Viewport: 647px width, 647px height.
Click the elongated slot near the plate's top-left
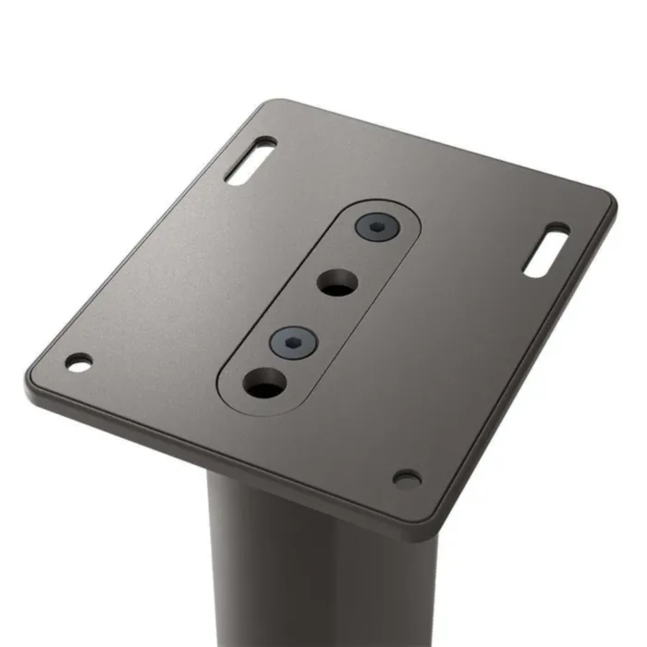click(x=250, y=162)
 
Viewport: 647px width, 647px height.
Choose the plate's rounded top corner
click(x=268, y=104)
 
